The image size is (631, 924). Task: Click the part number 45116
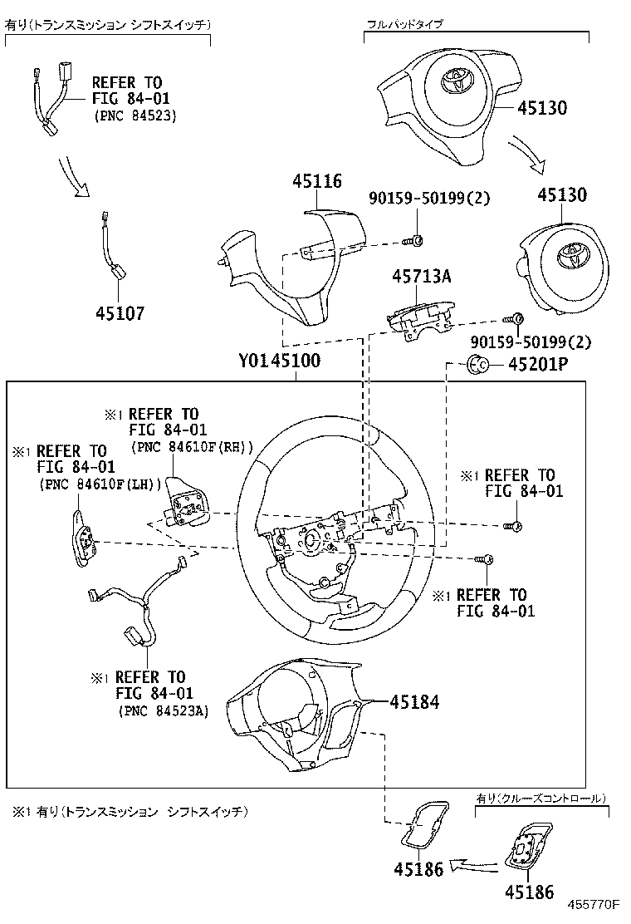point(318,181)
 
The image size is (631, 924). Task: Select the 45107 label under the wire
point(120,313)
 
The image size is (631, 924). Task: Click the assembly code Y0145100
point(279,361)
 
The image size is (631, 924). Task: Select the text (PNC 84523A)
point(163,710)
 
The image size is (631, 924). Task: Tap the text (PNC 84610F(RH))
point(192,446)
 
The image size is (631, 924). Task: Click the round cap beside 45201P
point(478,364)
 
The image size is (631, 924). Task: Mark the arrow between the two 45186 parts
point(474,866)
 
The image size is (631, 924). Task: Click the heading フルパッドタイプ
point(404,25)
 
